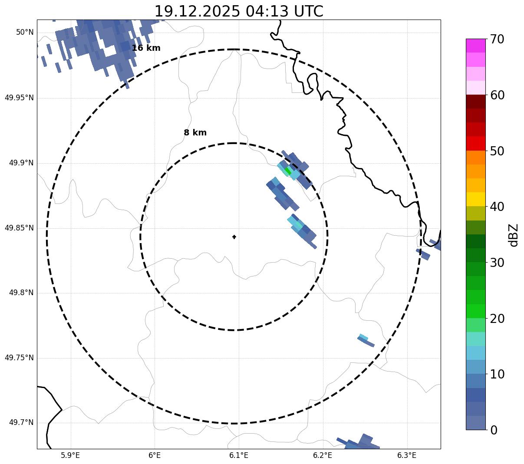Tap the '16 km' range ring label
tap(146, 48)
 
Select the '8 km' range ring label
tap(195, 133)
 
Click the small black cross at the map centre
tap(234, 237)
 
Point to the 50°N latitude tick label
tap(25, 33)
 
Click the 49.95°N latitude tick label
tap(19, 98)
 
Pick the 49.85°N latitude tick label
tap(19, 228)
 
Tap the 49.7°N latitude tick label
tap(21, 423)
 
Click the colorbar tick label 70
tap(497, 39)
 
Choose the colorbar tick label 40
tap(497, 207)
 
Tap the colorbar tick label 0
tap(494, 430)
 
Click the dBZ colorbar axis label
tap(514, 235)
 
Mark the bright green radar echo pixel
tap(287, 171)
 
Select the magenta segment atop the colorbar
tap(475, 46)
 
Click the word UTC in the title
tap(308, 11)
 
